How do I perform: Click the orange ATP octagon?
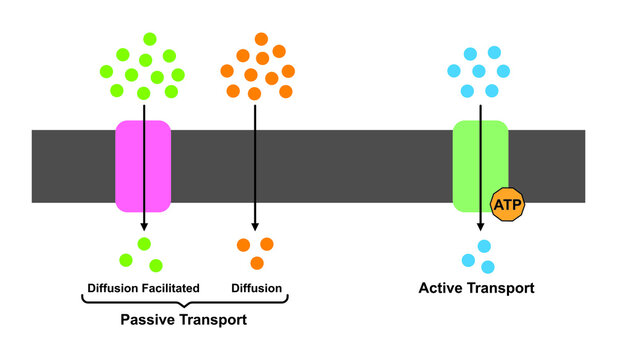point(506,205)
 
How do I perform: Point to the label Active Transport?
point(476,288)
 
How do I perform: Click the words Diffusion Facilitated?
point(140,288)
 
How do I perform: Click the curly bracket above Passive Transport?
point(183,303)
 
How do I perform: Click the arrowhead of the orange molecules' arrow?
point(256,227)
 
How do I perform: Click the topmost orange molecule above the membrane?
point(261,39)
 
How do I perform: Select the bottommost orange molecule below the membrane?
point(257,263)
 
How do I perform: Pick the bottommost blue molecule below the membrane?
point(487,267)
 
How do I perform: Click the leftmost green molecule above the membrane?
point(106,71)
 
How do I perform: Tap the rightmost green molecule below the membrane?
point(157,265)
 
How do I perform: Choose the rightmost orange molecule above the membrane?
point(287,71)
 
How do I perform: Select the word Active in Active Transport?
point(441,288)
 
